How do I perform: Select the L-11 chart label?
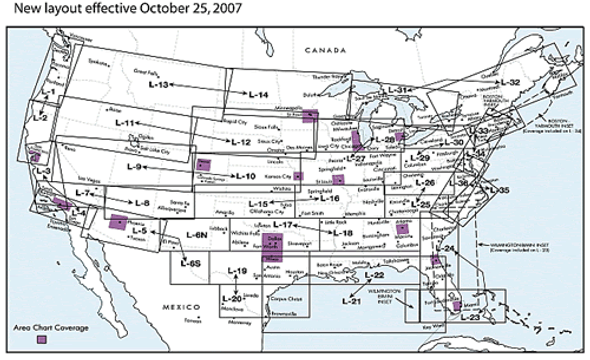127,123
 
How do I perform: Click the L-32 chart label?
509,81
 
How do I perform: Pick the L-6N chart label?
197,234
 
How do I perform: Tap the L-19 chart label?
237,272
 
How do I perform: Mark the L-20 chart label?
230,297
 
